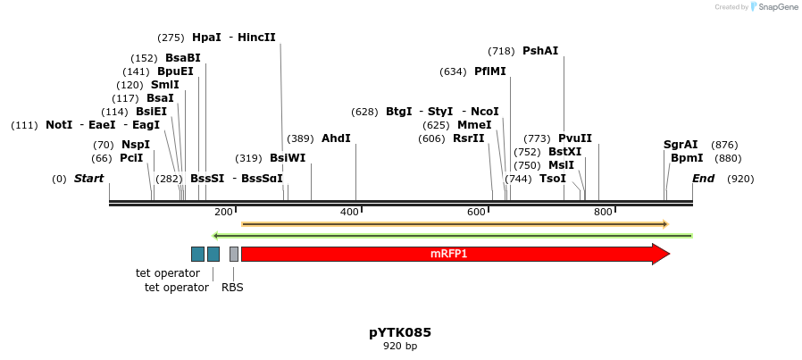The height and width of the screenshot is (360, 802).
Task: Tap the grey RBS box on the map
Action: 234,254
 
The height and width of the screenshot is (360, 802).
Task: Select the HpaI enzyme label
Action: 206,38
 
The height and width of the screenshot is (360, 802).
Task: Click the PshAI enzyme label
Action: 540,51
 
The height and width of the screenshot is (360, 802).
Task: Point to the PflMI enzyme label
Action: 490,71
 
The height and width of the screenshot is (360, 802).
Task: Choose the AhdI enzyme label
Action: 336,138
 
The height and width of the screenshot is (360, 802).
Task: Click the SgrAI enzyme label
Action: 681,145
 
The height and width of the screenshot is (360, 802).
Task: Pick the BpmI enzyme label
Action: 687,158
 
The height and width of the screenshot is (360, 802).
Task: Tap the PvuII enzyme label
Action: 575,138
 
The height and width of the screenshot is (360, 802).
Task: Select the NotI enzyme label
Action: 59,125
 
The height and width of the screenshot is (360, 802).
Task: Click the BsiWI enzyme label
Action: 288,158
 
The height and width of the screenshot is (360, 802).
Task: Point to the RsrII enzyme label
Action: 469,138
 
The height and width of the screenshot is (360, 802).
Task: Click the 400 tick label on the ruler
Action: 349,212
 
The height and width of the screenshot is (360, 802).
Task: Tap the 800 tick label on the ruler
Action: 603,212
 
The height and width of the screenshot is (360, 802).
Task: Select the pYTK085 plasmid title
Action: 400,332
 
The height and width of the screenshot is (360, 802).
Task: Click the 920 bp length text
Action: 400,346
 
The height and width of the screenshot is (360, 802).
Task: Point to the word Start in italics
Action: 88,179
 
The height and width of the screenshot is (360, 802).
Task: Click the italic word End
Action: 703,179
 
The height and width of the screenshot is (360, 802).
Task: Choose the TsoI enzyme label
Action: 553,179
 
